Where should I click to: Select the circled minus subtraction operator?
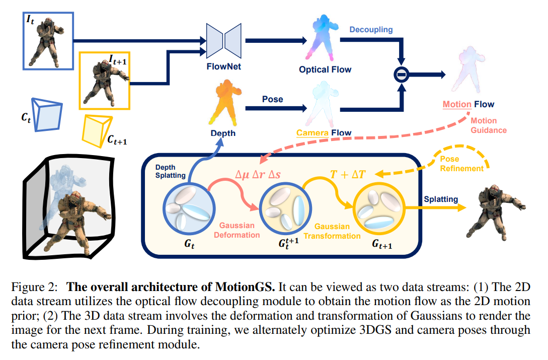401,75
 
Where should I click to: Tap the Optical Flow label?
325,69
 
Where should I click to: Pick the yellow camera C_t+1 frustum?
97,128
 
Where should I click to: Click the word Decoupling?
371,30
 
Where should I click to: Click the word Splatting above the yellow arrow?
441,199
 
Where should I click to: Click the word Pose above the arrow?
272,99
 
